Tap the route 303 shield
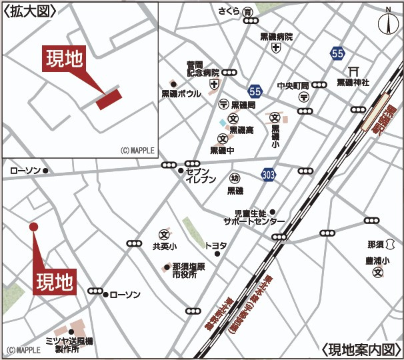pos(269,174)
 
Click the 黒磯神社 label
pos(353,83)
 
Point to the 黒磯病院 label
pos(276,37)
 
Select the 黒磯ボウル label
pos(181,94)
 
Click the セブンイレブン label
pos(201,175)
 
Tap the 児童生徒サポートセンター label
pos(254,217)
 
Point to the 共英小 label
pos(164,246)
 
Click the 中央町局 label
pos(293,85)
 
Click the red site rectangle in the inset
pos(109,99)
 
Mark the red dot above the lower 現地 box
pos(34,227)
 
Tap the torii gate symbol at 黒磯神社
pos(353,71)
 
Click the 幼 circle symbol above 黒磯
pos(235,179)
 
